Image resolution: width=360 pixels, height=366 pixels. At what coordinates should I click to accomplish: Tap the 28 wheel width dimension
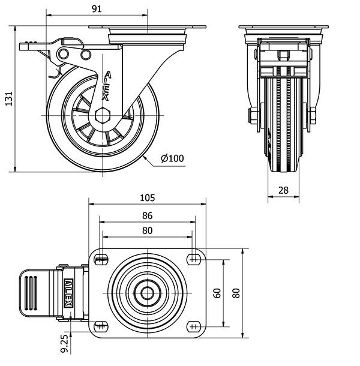(x=284, y=190)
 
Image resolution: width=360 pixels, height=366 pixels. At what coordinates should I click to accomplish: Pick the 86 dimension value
(x=147, y=215)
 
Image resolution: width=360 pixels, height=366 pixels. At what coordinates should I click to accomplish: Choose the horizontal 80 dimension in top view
(x=147, y=230)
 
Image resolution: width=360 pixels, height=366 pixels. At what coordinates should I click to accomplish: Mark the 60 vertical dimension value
(x=217, y=293)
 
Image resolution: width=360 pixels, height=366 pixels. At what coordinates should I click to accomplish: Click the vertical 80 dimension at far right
(x=236, y=293)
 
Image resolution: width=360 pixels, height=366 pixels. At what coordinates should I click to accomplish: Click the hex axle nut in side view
(x=103, y=114)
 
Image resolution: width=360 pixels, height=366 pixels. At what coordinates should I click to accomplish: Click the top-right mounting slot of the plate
(x=193, y=259)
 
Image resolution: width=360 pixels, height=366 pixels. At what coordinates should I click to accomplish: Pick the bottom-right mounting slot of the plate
(x=193, y=326)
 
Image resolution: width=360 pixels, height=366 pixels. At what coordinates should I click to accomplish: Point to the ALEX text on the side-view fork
(x=107, y=85)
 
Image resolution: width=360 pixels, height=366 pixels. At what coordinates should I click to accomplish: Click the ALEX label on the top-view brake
(x=68, y=293)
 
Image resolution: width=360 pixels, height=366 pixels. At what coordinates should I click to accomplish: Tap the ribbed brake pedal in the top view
(x=35, y=293)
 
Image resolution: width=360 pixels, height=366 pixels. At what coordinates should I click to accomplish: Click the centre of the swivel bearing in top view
(x=147, y=293)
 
